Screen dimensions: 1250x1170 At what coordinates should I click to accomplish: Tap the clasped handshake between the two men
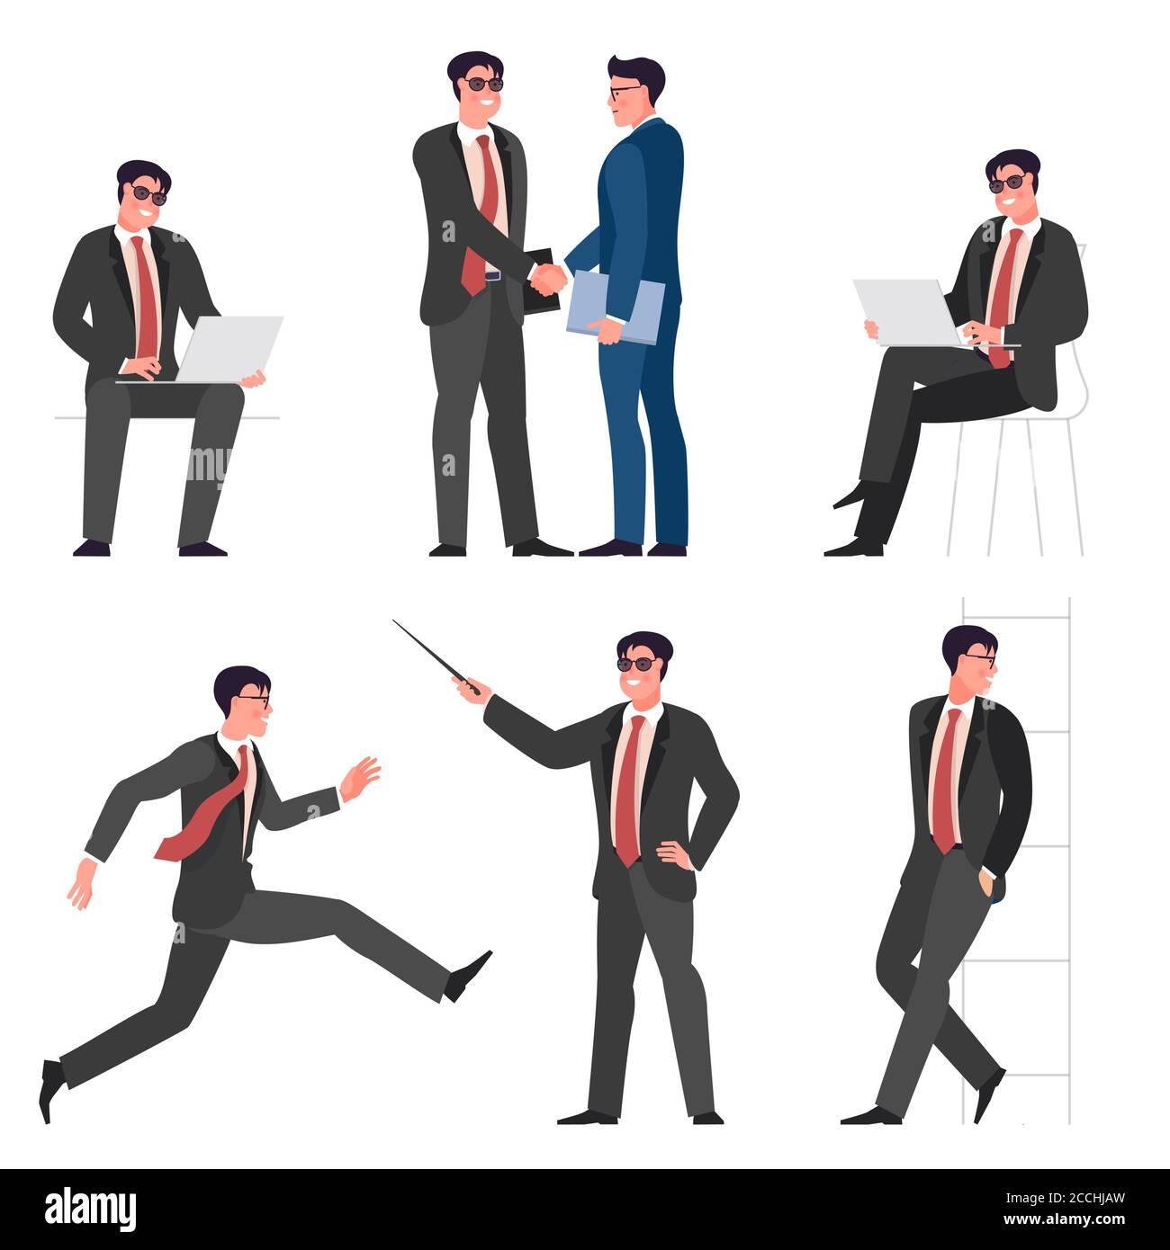coord(547,277)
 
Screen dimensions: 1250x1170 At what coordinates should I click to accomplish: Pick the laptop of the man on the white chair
coord(904,311)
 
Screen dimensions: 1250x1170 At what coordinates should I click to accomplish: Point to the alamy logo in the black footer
coord(91,1208)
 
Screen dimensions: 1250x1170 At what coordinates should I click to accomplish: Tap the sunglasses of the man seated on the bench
coord(148,194)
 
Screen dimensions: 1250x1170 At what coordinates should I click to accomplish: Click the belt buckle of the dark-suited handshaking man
coord(492,275)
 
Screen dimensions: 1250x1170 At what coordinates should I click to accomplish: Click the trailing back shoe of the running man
coord(49,1088)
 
